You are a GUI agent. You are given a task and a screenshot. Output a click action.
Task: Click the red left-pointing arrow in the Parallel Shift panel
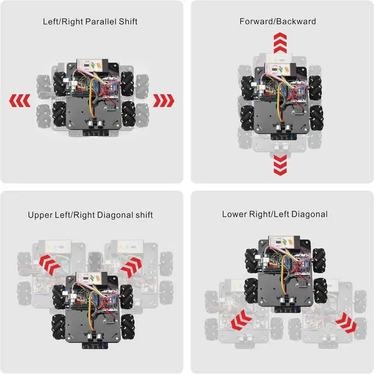(20, 101)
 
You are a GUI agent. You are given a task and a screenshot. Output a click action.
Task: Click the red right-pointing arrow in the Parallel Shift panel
(164, 101)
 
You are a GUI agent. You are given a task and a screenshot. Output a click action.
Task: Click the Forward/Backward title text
(278, 22)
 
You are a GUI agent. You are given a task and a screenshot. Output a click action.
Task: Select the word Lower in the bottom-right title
(234, 214)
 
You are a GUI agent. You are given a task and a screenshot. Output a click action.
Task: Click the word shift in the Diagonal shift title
(142, 215)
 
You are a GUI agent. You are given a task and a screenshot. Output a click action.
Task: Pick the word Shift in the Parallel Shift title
(127, 22)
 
